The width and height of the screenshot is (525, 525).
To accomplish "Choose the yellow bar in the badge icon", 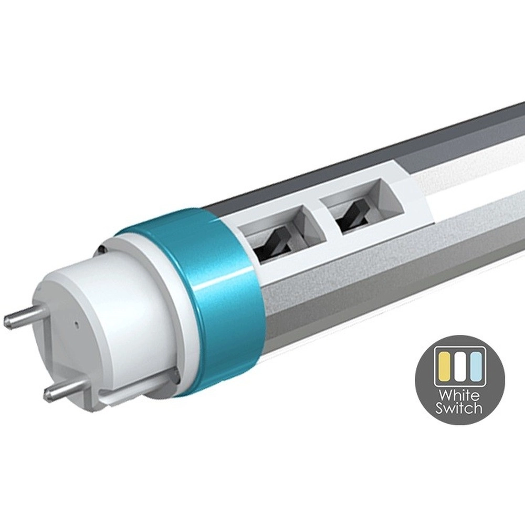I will [x=445, y=367].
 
